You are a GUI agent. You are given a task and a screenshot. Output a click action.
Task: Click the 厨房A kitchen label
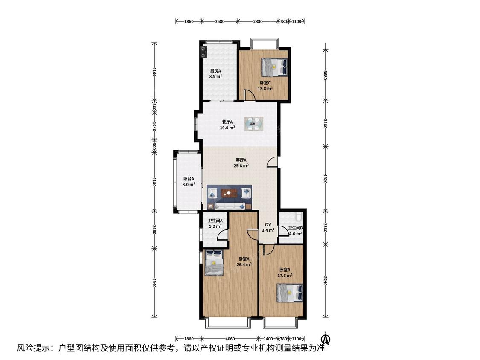(x=215, y=71)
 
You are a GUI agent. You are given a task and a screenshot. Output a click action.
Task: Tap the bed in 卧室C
(x=274, y=67)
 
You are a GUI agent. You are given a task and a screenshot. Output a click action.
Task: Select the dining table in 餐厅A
(x=254, y=124)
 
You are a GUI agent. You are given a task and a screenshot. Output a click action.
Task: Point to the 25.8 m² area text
(x=241, y=165)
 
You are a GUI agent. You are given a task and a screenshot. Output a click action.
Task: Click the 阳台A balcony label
(x=189, y=179)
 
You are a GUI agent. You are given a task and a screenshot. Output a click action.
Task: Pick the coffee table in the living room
(x=229, y=193)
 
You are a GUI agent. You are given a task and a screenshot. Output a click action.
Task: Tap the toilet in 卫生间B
(x=299, y=217)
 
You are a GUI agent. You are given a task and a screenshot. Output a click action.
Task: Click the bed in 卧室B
(x=290, y=293)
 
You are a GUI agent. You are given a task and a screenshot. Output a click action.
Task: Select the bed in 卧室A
(x=214, y=263)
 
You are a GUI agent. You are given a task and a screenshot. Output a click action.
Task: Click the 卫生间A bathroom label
(x=215, y=221)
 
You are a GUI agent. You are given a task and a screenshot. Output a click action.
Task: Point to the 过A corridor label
(x=268, y=224)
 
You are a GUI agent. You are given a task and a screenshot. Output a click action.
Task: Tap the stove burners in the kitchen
(x=204, y=52)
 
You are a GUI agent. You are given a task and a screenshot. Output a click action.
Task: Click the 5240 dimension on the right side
(x=326, y=281)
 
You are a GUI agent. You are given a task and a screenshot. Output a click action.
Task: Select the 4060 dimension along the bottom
(x=230, y=339)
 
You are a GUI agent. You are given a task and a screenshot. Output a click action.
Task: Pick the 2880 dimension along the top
(x=258, y=21)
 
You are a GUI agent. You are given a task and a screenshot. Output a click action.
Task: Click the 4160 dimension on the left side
(x=154, y=73)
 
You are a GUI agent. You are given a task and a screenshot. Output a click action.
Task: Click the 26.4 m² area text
(x=244, y=264)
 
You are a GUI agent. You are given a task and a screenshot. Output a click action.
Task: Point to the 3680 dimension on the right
(x=326, y=75)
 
